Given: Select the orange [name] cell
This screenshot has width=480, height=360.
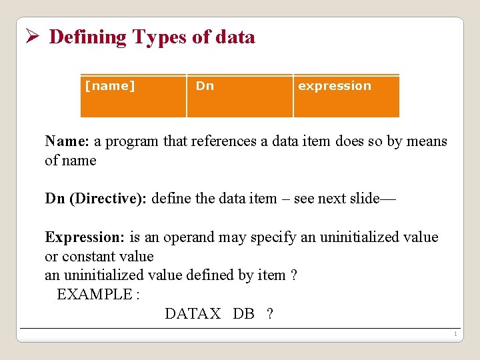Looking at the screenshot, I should pyautogui.click(x=133, y=96).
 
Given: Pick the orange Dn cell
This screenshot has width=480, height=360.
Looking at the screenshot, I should pyautogui.click(x=239, y=96).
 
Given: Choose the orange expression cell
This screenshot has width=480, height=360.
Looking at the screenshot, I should pyautogui.click(x=346, y=96).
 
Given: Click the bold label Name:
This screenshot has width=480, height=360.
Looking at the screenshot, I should pyautogui.click(x=67, y=141).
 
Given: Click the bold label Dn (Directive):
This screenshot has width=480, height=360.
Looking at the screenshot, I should pyautogui.click(x=97, y=199).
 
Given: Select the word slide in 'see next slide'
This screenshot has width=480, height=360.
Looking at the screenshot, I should pyautogui.click(x=361, y=199).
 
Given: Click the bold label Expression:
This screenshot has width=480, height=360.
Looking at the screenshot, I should pyautogui.click(x=85, y=237).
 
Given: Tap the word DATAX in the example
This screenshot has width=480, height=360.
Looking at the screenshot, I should pyautogui.click(x=193, y=314).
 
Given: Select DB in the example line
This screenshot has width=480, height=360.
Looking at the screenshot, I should pyautogui.click(x=243, y=314).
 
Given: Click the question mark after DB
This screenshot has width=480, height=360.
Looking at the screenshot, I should pyautogui.click(x=269, y=314).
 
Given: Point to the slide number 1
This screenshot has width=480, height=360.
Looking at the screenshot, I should pyautogui.click(x=454, y=334).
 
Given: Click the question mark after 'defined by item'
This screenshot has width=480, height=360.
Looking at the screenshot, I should pyautogui.click(x=294, y=275).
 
